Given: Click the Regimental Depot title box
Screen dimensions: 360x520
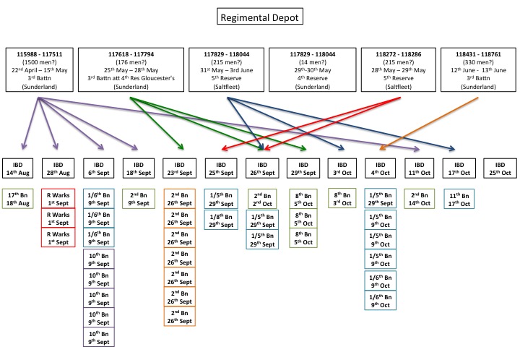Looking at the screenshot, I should tap(259, 15).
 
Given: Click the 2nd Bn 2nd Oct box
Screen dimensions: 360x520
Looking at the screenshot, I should tap(261, 200).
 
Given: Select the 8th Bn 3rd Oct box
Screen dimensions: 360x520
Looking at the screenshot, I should tap(342, 200).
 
